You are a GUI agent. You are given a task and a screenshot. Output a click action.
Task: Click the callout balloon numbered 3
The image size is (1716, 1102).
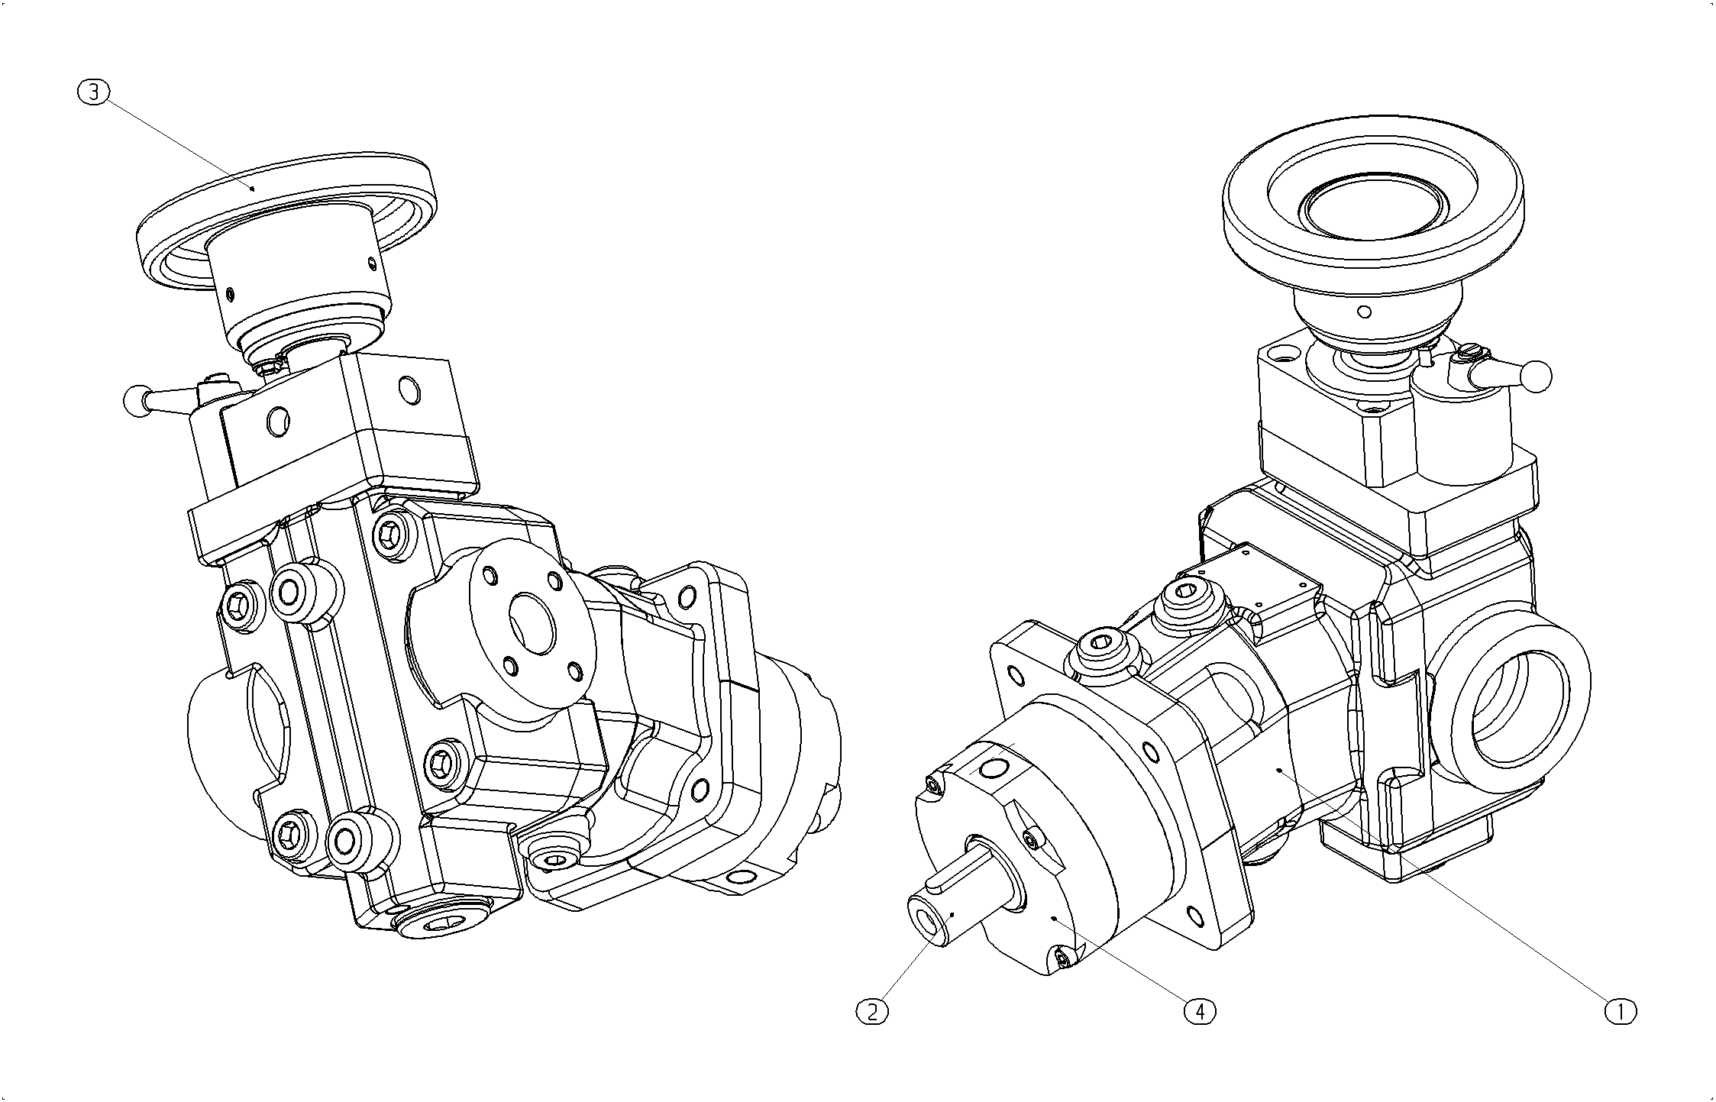click(x=94, y=92)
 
